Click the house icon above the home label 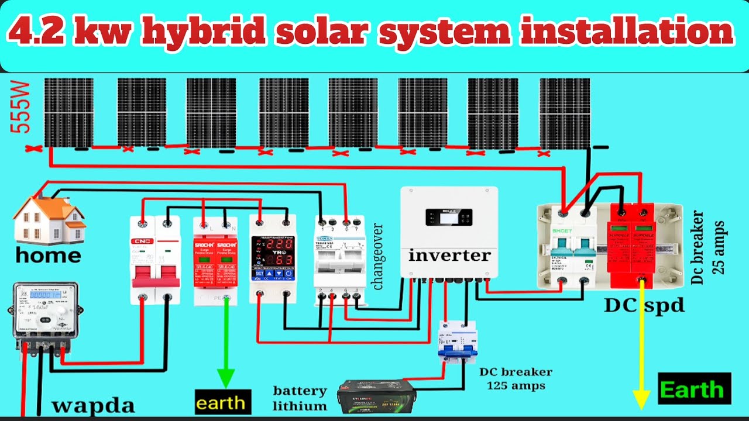click(50, 219)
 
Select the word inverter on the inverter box click(449, 256)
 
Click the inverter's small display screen click(449, 218)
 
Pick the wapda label click(94, 405)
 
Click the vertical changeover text click(378, 256)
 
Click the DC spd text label click(644, 305)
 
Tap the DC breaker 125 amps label click(515, 379)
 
